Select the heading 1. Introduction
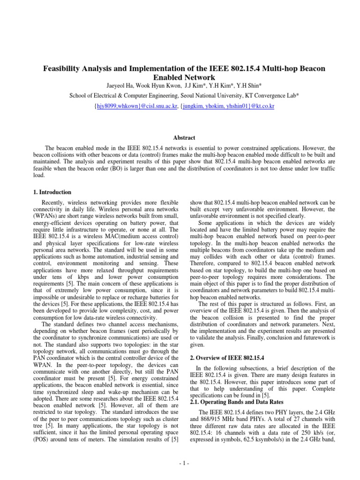(52, 192)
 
